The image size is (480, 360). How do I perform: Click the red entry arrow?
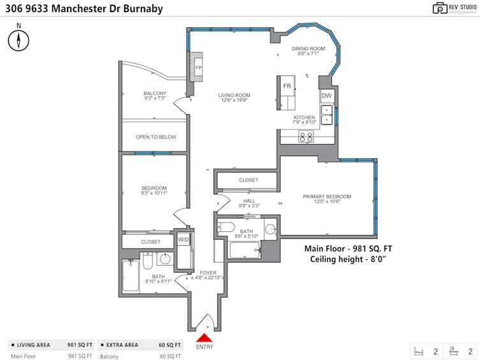pyautogui.click(x=204, y=338)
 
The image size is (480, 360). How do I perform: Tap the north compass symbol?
pyautogui.click(x=18, y=40)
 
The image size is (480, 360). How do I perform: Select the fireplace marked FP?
pyautogui.click(x=196, y=67)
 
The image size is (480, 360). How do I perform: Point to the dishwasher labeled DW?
pyautogui.click(x=326, y=96)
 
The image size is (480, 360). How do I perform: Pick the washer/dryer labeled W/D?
pyautogui.click(x=184, y=240)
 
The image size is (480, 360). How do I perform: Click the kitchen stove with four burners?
pyautogui.click(x=306, y=136)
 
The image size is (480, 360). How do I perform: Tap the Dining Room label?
pyautogui.click(x=309, y=48)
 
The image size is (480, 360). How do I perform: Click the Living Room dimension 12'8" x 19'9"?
pyautogui.click(x=234, y=100)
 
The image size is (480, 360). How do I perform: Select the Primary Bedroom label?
pyautogui.click(x=327, y=196)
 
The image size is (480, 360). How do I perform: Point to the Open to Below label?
pyautogui.click(x=156, y=137)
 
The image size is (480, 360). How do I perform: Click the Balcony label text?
pyautogui.click(x=155, y=93)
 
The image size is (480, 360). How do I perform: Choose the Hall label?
pyautogui.click(x=249, y=201)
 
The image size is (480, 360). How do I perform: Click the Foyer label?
pyautogui.click(x=208, y=273)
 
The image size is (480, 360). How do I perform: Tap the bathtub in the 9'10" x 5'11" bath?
pyautogui.click(x=131, y=276)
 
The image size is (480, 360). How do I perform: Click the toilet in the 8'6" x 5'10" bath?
pyautogui.click(x=225, y=227)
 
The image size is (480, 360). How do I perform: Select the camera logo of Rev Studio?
pyautogui.click(x=440, y=8)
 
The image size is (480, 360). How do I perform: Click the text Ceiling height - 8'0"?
pyautogui.click(x=348, y=259)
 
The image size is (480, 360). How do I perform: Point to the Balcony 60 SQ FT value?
pyautogui.click(x=170, y=356)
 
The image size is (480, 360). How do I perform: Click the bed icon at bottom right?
pyautogui.click(x=418, y=351)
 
